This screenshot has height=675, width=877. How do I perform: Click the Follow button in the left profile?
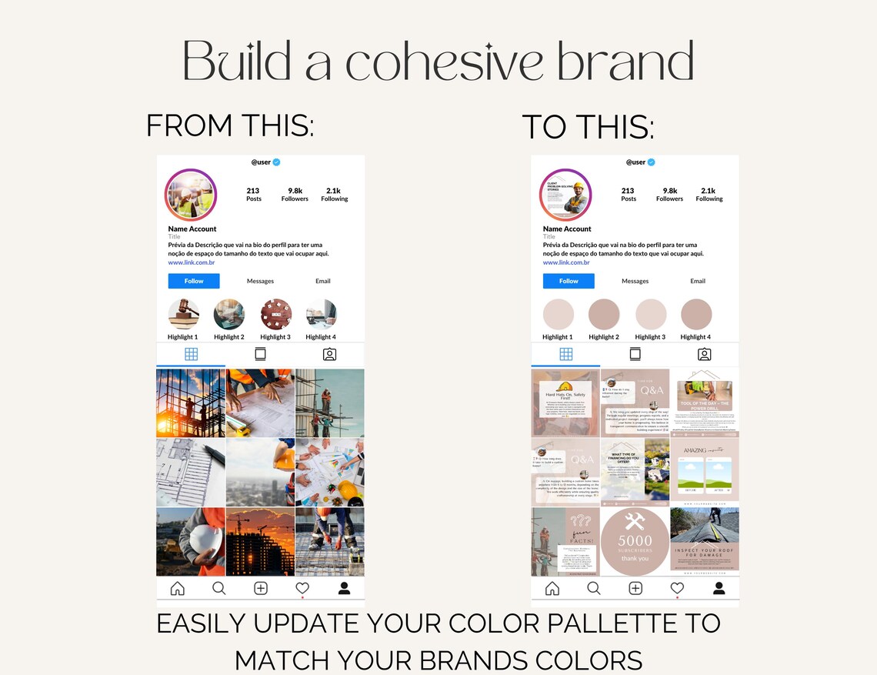coord(194,281)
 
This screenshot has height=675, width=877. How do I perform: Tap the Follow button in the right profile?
coord(569,281)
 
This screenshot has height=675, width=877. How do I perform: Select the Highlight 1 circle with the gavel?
coord(183,314)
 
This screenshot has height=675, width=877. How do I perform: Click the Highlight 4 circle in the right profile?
coord(696,314)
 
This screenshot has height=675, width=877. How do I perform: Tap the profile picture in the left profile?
coord(191,195)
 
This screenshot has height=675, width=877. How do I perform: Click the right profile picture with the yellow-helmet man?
coord(565,195)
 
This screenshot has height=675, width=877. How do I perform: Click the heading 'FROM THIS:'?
coord(230,125)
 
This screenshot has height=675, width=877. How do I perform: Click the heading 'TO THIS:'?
coord(589,127)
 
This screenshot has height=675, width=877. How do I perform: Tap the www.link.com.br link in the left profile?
coord(192,262)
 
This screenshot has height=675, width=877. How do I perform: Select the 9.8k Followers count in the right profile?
coord(669,194)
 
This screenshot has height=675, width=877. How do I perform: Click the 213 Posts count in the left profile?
coord(253,194)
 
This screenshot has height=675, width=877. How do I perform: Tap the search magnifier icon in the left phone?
coord(218,589)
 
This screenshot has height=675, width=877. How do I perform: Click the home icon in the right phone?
coord(552,589)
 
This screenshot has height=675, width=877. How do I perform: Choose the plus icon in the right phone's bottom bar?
coord(635,589)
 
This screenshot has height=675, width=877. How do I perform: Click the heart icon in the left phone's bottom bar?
coord(302,589)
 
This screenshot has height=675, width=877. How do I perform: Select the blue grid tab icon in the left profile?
coord(191,354)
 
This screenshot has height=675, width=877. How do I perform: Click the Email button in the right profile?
coord(698,281)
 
